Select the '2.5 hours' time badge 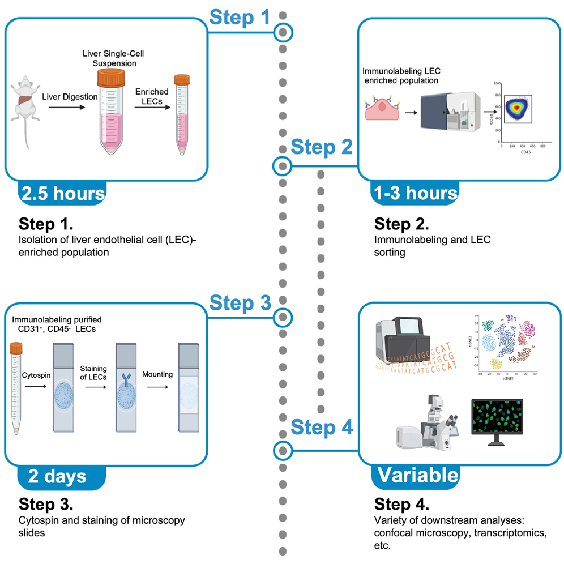(x=62, y=194)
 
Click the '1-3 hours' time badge (x=415, y=194)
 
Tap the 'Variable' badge (x=415, y=475)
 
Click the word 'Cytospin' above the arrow (x=36, y=359)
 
